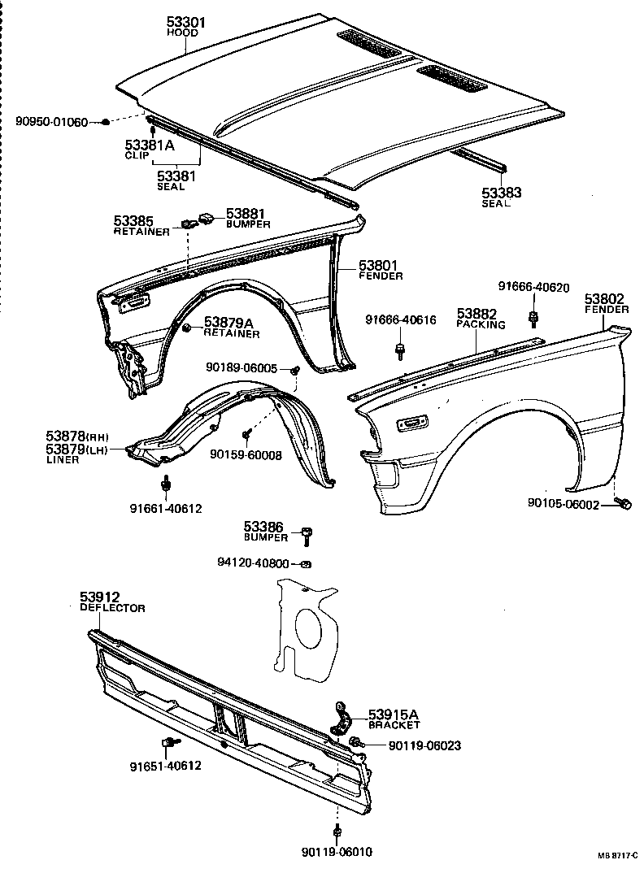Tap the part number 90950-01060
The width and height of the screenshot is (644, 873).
51,122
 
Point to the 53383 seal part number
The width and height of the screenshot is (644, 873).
502,193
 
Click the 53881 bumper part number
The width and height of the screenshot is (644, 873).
246,213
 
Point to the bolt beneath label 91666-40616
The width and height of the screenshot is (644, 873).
400,351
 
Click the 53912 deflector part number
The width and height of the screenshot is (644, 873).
100,597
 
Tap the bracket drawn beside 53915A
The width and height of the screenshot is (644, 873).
342,718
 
